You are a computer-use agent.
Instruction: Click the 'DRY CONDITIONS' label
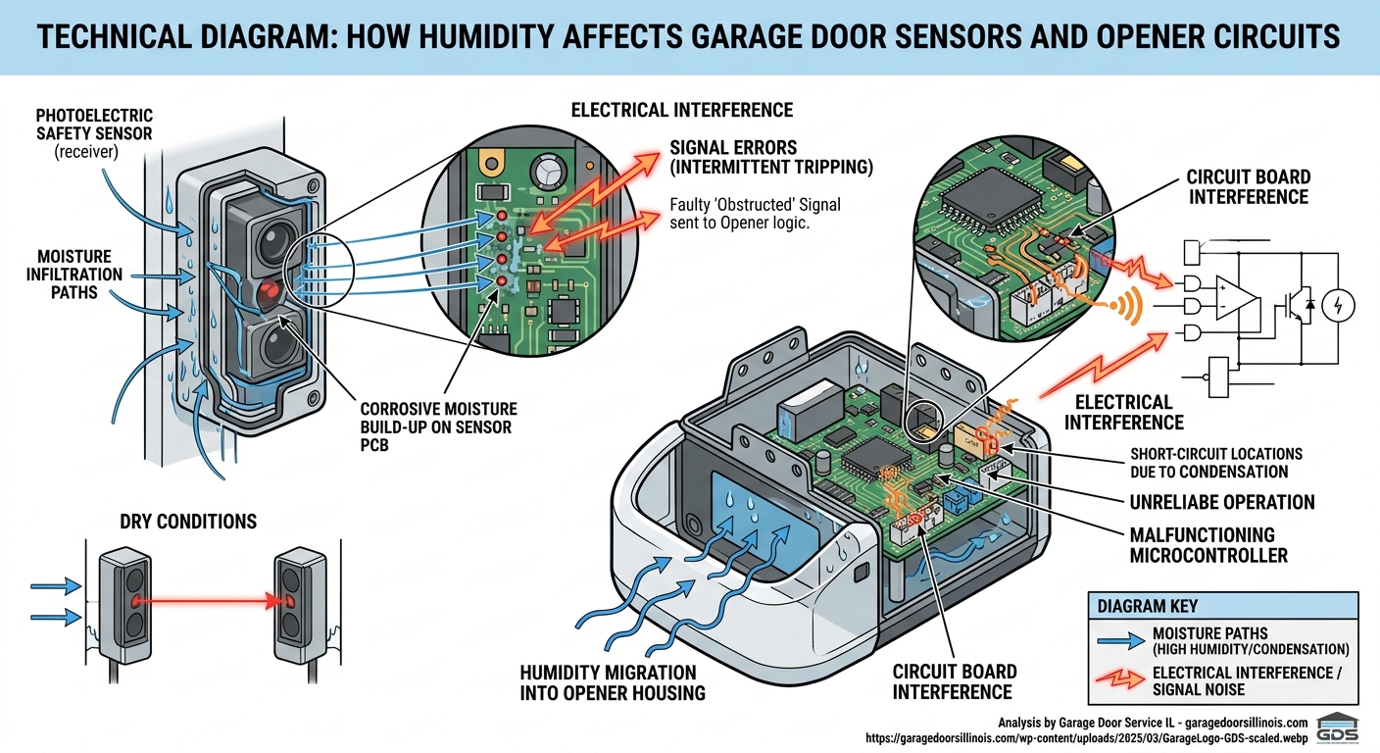[x=188, y=521]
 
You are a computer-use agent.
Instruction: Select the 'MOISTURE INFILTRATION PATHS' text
[x=62, y=274]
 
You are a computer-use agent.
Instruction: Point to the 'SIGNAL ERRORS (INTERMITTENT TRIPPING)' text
[x=771, y=157]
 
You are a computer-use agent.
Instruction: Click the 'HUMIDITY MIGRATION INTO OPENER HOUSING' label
[x=609, y=683]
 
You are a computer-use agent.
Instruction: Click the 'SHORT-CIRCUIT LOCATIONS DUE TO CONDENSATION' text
[x=1216, y=462]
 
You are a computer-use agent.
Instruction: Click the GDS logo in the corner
[x=1337, y=729]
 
